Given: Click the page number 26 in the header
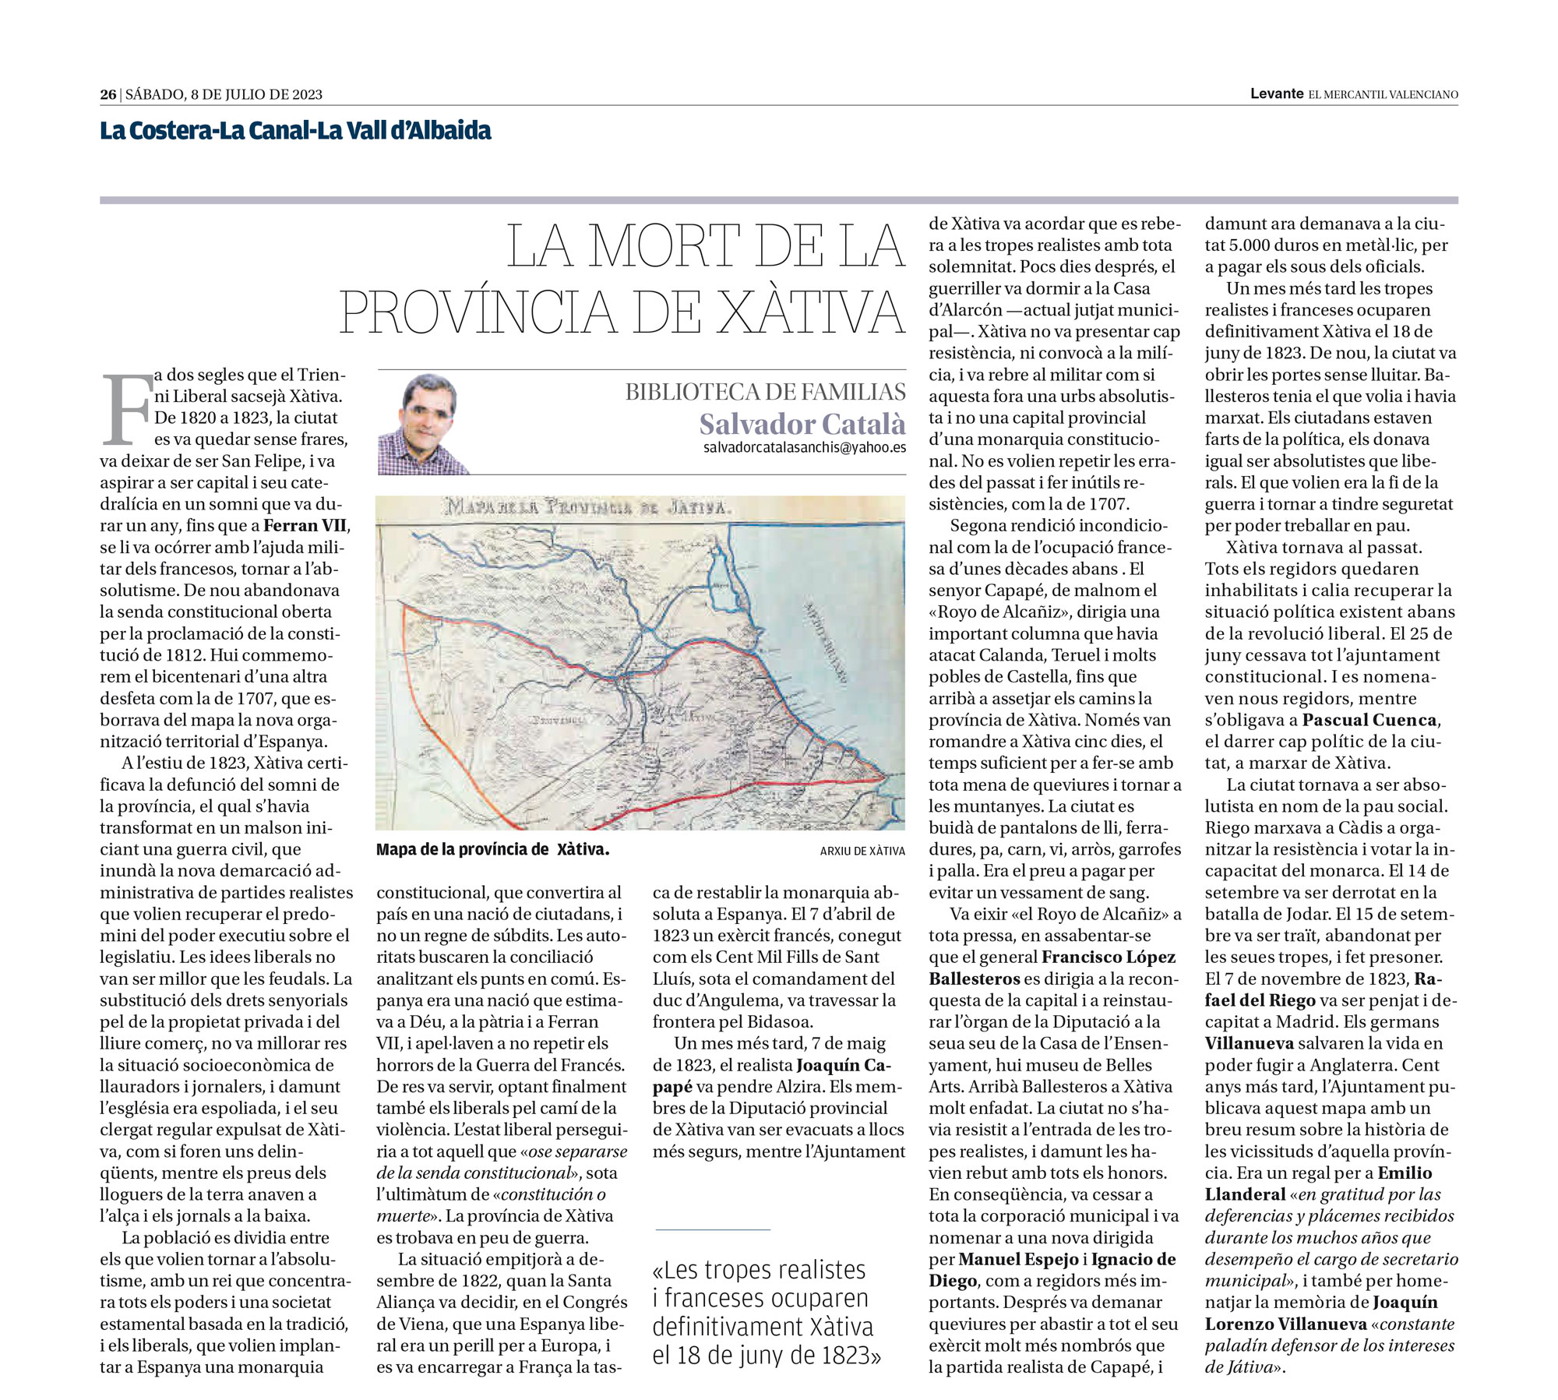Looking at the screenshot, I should coord(108,95).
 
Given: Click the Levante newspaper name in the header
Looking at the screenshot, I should coord(1276,94).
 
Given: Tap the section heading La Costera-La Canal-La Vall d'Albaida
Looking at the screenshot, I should coord(295,130).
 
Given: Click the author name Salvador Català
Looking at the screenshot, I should coord(802,424).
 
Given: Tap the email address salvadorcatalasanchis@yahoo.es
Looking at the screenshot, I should coord(804,448).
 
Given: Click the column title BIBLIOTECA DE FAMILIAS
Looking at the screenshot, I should coord(765,392).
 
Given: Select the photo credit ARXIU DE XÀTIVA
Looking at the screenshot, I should coord(862,852).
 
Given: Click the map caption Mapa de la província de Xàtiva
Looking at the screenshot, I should coord(492,850).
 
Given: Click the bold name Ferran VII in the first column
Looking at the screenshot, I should coord(306,526).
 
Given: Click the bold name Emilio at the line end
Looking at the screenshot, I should coord(1405,1173).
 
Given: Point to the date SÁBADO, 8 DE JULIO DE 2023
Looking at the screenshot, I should coord(224,95).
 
